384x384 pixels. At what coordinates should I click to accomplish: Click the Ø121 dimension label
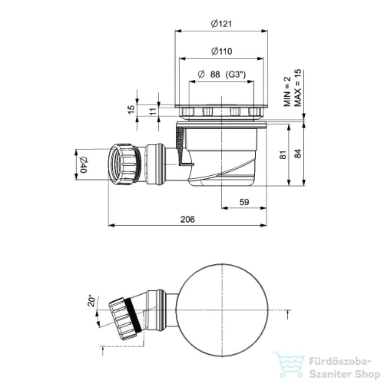pos(221,24)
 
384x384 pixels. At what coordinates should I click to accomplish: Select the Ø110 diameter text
pos(222,51)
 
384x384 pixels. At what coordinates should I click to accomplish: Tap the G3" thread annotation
pos(236,74)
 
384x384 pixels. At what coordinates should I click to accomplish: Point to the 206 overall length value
pos(187,220)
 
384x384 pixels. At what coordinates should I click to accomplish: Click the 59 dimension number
pos(244,202)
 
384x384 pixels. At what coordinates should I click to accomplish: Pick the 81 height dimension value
pos(283,154)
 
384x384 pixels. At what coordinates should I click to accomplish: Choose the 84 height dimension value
pos(298,154)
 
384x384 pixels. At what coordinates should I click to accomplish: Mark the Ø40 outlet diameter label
pos(84,164)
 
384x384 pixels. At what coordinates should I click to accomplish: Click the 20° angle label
pos(91,301)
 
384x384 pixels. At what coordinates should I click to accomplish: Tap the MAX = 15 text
pos(298,88)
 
